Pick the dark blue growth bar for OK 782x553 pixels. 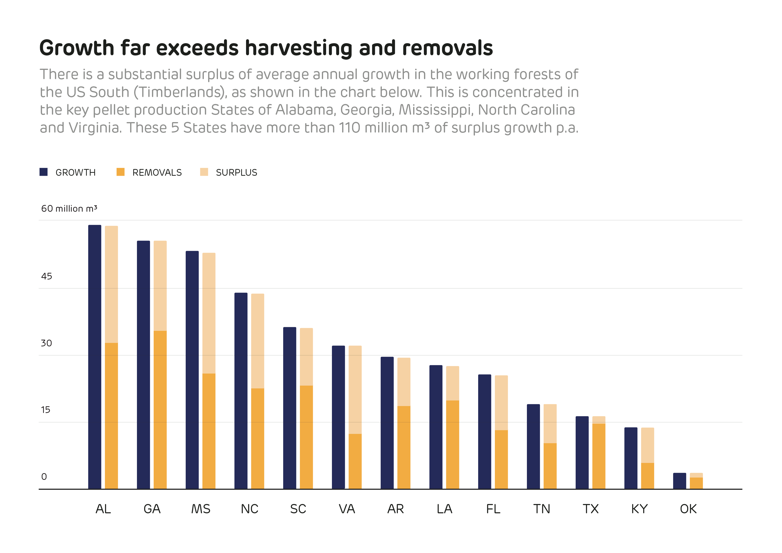(679, 481)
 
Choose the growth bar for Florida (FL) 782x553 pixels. (484, 432)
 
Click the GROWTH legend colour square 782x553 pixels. (44, 172)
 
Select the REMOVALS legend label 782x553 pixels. (157, 173)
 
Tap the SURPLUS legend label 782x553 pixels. (236, 173)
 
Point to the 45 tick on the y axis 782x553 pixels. (47, 276)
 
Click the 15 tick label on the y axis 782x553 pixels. (46, 410)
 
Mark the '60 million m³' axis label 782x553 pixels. (69, 208)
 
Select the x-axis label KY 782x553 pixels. (639, 509)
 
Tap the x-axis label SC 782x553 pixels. (298, 509)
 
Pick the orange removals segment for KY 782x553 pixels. (647, 476)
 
